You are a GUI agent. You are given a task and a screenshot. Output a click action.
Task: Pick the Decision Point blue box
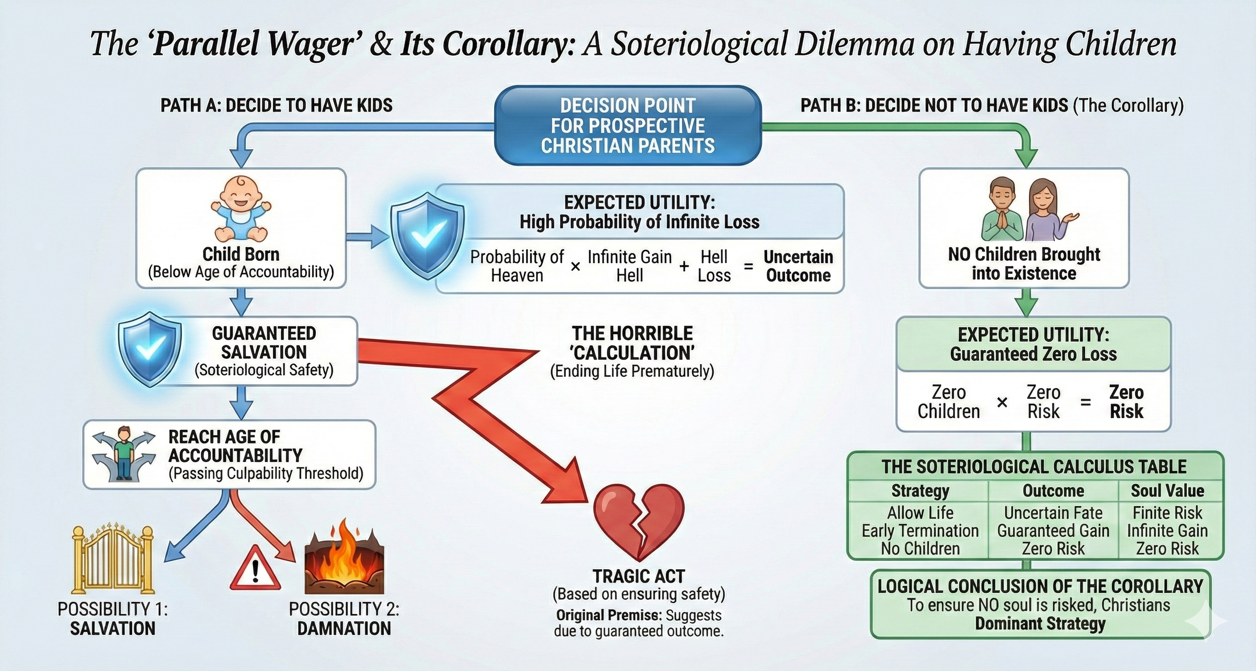[x=628, y=125]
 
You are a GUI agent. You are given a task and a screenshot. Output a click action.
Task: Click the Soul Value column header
[x=1167, y=491]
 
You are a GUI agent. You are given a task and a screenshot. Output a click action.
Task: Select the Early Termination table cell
[x=920, y=530]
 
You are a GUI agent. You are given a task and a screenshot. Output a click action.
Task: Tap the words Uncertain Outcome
[x=798, y=266]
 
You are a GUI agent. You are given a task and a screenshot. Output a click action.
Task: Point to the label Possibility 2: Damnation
[x=344, y=619]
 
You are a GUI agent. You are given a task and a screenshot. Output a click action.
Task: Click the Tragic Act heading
[x=639, y=576]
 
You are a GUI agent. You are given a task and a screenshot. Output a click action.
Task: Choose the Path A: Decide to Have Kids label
[x=277, y=105]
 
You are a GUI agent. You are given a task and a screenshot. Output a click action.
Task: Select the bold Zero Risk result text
[x=1126, y=402]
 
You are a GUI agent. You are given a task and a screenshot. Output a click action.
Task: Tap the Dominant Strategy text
[x=1040, y=624]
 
